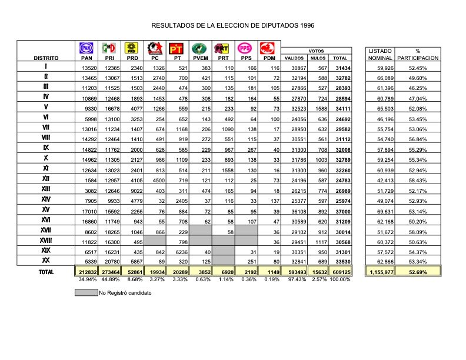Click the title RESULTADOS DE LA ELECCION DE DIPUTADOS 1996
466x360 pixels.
coord(233,25)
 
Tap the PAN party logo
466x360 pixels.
coord(86,48)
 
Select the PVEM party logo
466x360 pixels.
coord(200,48)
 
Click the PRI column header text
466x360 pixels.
coord(109,58)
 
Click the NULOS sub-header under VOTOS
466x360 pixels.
coord(318,58)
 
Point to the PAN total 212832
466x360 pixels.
coord(87,272)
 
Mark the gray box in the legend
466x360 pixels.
coord(86,292)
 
